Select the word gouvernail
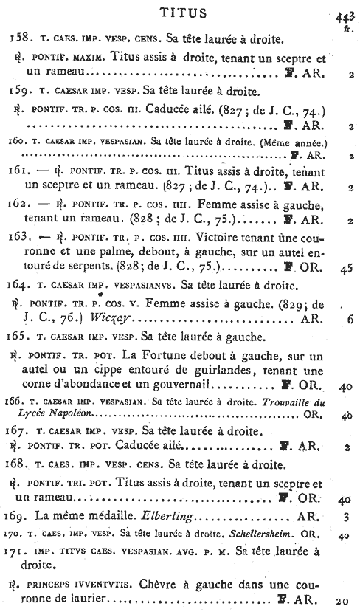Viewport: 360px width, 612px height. pyautogui.click(x=179, y=385)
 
